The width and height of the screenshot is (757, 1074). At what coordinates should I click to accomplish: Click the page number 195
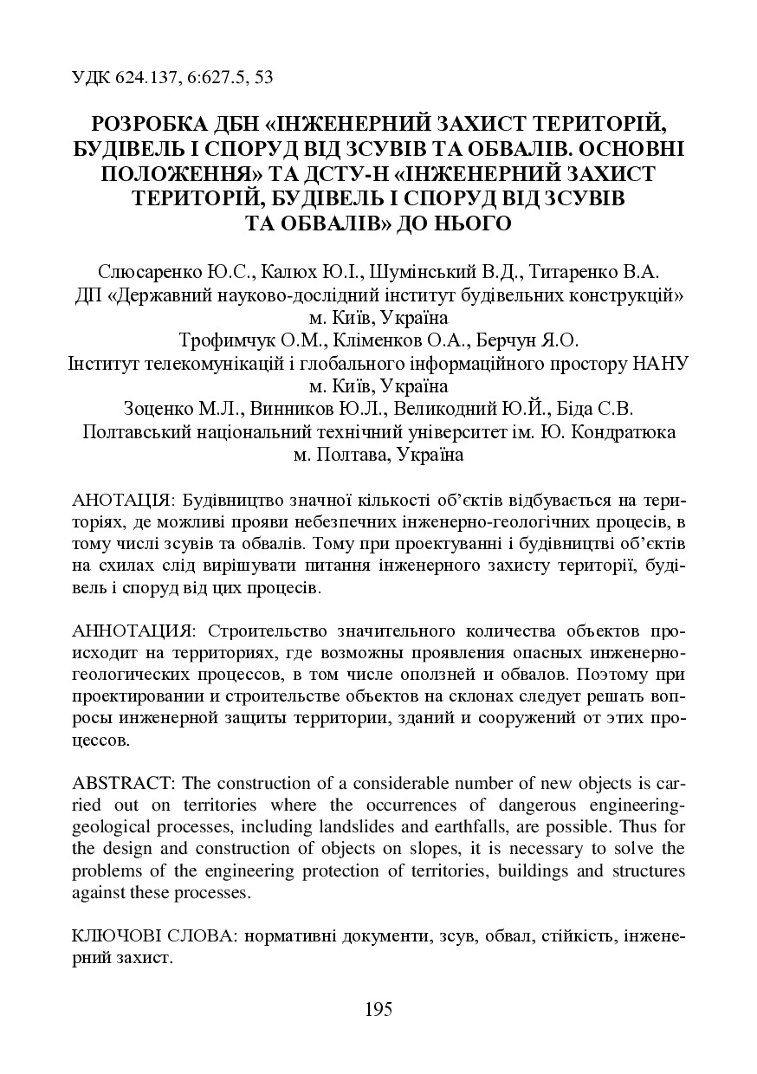(378, 1009)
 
